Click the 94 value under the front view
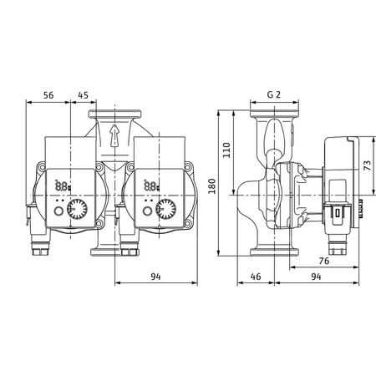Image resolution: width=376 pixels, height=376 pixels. pyautogui.click(x=156, y=277)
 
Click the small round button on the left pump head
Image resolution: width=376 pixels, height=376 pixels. pyautogui.click(x=58, y=213)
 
